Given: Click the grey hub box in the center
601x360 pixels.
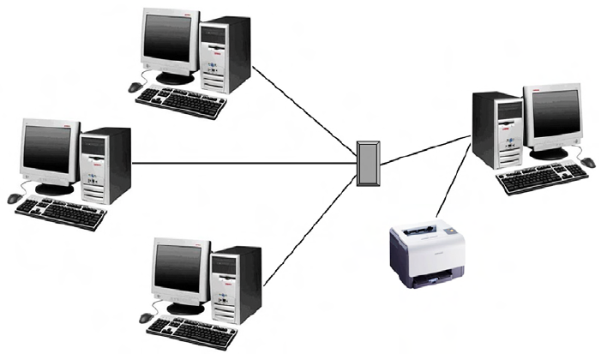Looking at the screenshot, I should point(369,163).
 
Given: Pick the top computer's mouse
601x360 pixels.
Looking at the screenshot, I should point(135,87).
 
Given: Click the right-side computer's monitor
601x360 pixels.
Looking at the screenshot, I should point(552,121).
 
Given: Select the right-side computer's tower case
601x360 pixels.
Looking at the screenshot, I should point(498,129).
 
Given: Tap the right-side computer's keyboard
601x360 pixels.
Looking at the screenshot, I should point(544,179).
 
